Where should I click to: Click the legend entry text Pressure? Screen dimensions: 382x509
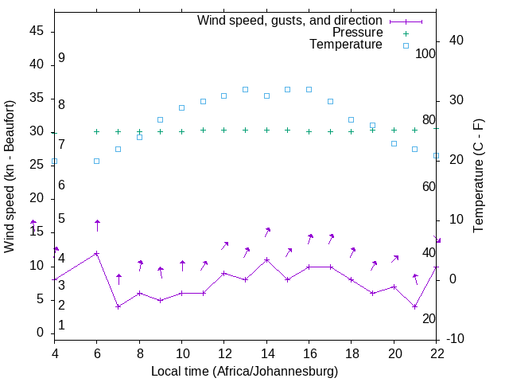[x=357, y=33]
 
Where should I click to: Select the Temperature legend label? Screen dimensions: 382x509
[x=346, y=45]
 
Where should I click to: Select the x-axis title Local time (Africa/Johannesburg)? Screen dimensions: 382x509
[x=245, y=372]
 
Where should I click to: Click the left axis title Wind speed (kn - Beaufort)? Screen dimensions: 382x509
[x=10, y=177]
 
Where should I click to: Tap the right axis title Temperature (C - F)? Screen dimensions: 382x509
[x=478, y=177]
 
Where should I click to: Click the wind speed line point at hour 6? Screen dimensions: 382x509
[x=97, y=253]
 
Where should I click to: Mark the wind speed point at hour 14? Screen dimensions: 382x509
[x=266, y=259]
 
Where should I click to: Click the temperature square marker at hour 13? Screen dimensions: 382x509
[x=245, y=89]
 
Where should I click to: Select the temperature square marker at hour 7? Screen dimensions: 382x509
[x=118, y=149]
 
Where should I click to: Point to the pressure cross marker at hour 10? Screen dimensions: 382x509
[x=181, y=131]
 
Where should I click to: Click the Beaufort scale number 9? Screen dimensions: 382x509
[x=61, y=58]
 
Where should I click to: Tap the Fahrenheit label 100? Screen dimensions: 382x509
[x=425, y=53]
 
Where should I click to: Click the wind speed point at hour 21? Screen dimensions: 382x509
[x=414, y=306]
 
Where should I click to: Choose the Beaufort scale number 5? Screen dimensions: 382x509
[x=61, y=219]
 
